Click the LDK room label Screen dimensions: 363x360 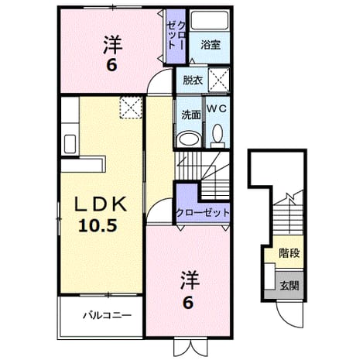101,204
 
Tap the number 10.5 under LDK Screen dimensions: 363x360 98,225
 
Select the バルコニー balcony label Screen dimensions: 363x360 107,315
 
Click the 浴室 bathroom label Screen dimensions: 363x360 211,45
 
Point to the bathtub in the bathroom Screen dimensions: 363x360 210,20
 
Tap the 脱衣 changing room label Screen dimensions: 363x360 193,81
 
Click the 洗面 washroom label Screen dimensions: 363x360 191,115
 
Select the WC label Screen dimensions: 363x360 217,108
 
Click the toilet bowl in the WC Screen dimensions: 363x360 218,133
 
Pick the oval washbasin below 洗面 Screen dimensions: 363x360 190,139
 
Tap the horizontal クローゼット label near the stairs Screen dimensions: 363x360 203,213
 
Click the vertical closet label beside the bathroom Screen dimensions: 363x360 176,36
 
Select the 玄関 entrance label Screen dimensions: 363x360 289,286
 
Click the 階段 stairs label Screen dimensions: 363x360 289,253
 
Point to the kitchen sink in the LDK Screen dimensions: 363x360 70,144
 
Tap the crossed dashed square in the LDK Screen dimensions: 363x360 131,108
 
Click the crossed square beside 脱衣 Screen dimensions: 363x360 219,80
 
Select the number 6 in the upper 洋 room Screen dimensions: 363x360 111,65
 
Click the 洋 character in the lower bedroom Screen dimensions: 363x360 190,279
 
